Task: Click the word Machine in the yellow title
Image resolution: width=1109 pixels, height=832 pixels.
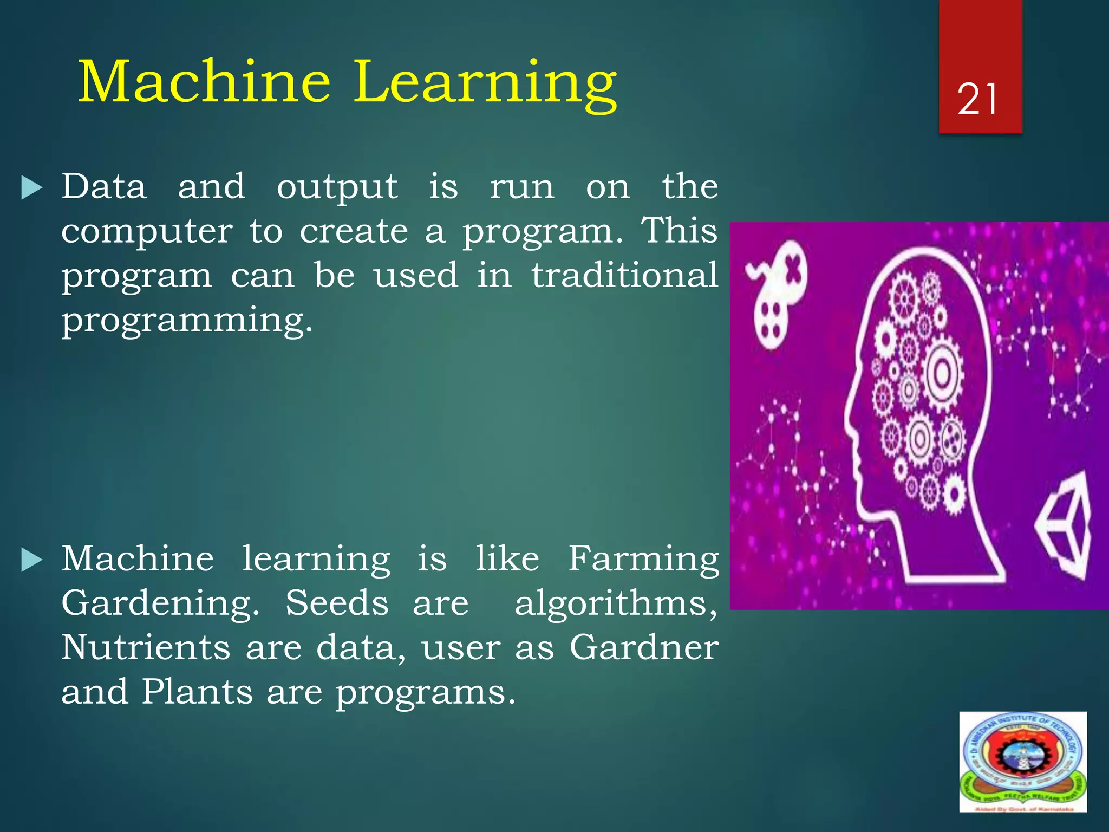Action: coord(204,82)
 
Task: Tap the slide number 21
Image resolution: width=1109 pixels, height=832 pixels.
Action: coord(977,100)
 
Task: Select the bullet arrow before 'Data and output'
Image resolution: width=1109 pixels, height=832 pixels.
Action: coord(31,188)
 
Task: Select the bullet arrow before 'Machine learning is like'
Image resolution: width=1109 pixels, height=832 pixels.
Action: coord(31,560)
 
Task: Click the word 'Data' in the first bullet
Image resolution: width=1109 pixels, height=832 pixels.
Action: coord(104,187)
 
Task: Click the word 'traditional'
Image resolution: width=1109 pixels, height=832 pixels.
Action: coord(624,275)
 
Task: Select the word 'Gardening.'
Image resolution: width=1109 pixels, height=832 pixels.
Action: coord(160,604)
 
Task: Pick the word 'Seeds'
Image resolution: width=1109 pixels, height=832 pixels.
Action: coord(337,603)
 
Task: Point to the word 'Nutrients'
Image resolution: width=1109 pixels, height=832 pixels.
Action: coord(146,647)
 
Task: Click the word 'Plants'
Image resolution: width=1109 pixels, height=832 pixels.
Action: coord(197,692)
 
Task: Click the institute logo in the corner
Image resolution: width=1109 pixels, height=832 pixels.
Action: coord(1022,761)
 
